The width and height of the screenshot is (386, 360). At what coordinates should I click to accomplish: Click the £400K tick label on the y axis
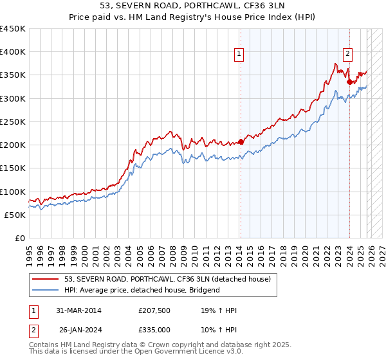coord(13,52)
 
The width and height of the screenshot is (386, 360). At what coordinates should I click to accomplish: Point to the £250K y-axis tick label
coord(13,122)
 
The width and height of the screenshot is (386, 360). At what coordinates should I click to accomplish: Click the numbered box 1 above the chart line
coord(239,55)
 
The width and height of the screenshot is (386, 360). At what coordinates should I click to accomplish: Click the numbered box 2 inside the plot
coord(347,55)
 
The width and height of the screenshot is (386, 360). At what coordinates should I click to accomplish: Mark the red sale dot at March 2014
coord(241,141)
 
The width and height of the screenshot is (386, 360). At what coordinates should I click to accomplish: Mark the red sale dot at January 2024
coord(349,82)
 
